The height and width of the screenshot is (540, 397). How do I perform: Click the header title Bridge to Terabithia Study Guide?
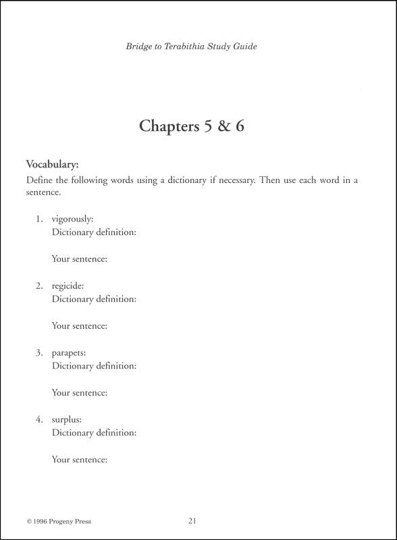(191, 47)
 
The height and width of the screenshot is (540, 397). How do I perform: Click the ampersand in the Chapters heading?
(220, 126)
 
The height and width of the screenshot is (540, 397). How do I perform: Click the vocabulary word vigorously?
(74, 219)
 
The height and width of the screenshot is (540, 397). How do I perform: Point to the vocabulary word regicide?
(68, 286)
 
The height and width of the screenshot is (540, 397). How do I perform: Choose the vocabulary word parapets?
(70, 353)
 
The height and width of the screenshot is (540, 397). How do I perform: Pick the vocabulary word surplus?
(67, 419)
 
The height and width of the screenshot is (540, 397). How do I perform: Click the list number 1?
(40, 219)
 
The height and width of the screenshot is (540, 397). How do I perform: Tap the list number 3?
(40, 353)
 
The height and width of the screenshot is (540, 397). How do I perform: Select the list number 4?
(40, 419)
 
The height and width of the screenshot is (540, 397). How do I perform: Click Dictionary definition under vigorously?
(94, 232)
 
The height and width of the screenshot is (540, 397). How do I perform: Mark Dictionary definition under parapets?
(94, 366)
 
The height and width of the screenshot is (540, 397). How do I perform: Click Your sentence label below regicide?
(80, 325)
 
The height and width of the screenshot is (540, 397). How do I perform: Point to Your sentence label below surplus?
(80, 459)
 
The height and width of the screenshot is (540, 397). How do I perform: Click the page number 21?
(192, 520)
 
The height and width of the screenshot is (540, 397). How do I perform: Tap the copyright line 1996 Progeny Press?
(59, 521)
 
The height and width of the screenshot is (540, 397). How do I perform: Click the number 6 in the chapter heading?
(239, 126)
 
